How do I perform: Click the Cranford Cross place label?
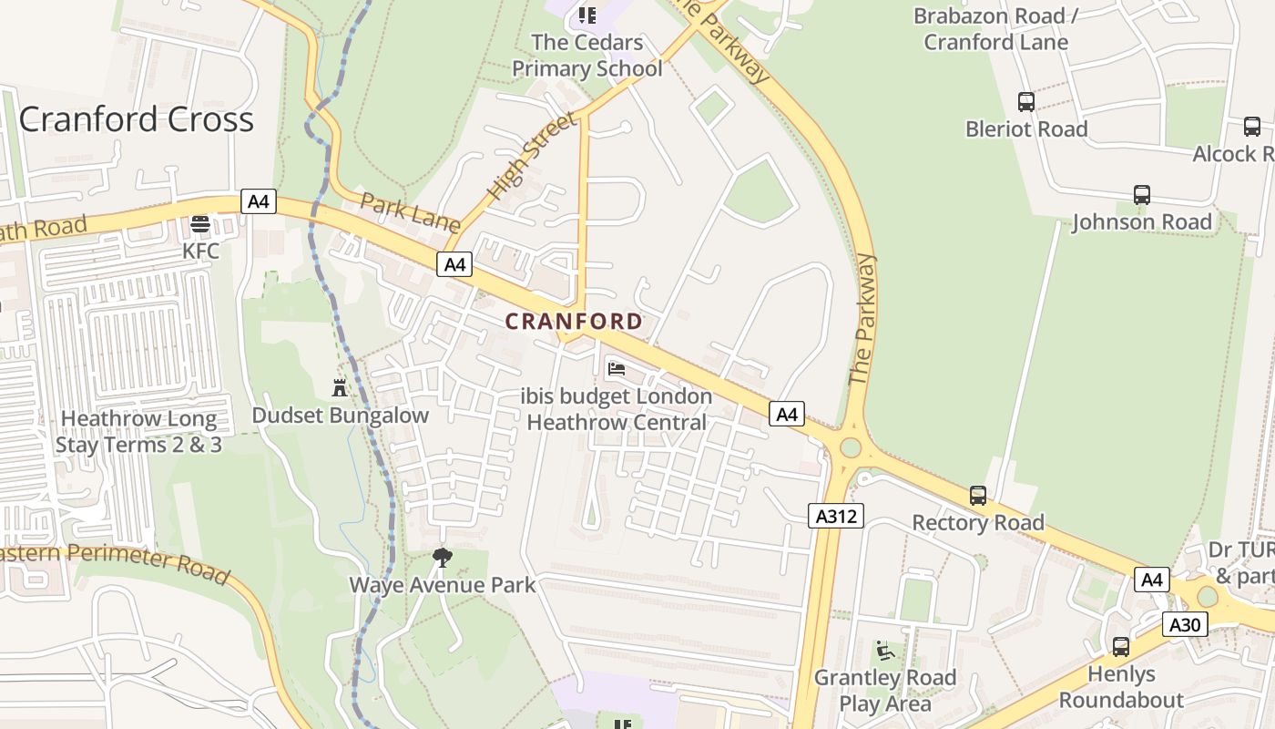(137, 119)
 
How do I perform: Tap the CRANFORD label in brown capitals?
(574, 322)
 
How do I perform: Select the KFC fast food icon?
(200, 224)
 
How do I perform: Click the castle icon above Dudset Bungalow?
(340, 388)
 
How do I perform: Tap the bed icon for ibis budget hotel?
(617, 369)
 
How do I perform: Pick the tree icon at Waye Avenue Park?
(443, 557)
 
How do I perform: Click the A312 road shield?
(835, 517)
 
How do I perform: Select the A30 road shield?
(1185, 624)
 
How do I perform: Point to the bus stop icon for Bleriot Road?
(1026, 102)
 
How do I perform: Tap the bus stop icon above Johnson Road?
(1141, 195)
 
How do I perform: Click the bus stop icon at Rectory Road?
(978, 496)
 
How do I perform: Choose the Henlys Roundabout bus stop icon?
(1121, 647)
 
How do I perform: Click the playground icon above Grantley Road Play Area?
(884, 651)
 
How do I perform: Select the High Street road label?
(532, 157)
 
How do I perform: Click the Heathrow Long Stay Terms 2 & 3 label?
(138, 432)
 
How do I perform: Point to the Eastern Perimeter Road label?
(114, 560)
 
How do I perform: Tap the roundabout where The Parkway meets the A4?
(851, 447)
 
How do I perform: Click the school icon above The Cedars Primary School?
(587, 15)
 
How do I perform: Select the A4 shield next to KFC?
(259, 201)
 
